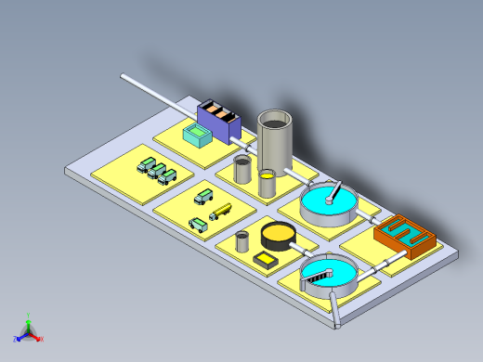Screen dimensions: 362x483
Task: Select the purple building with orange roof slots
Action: click(218, 120)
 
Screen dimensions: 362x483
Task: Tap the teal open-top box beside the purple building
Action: click(198, 136)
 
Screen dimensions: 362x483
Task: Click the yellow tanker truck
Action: click(221, 212)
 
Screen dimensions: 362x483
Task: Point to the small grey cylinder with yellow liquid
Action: click(268, 182)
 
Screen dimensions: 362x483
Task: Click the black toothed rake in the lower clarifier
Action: click(325, 273)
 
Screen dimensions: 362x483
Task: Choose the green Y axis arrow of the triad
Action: click(28, 319)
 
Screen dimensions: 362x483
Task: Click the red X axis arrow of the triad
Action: click(38, 338)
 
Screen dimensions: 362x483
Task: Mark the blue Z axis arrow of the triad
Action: click(19, 338)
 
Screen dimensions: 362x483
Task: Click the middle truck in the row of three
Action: click(158, 170)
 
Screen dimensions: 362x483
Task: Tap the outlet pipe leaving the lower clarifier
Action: click(333, 311)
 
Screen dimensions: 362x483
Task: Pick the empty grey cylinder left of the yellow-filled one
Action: click(242, 169)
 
